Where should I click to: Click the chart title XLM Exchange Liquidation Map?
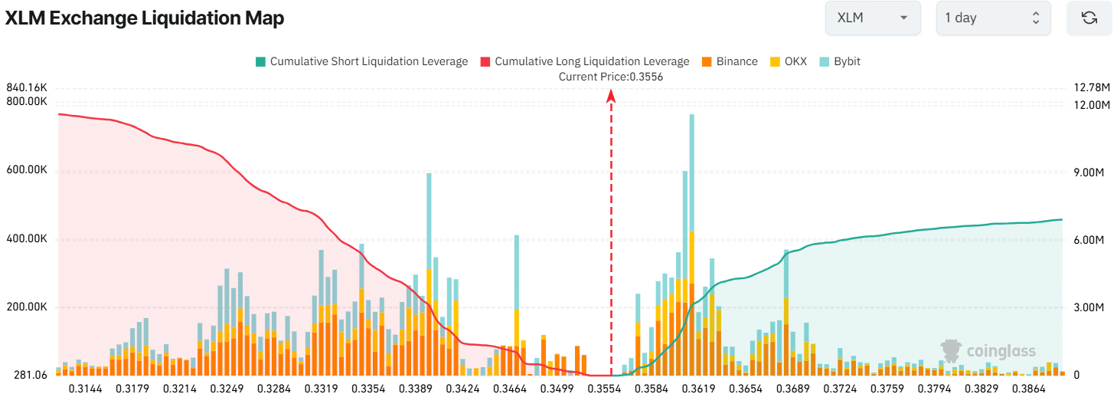pyautogui.click(x=145, y=18)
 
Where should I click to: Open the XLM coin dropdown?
pyautogui.click(x=872, y=18)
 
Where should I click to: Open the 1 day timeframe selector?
pyautogui.click(x=993, y=18)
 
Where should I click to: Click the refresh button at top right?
pyautogui.click(x=1089, y=18)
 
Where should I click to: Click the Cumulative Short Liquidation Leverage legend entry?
pyautogui.click(x=361, y=61)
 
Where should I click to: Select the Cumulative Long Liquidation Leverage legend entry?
pyautogui.click(x=584, y=61)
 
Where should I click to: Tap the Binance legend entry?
pyautogui.click(x=729, y=61)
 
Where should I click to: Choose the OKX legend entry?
pyautogui.click(x=788, y=61)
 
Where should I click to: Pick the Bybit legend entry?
pyautogui.click(x=840, y=61)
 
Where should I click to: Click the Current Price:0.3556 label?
pyautogui.click(x=611, y=77)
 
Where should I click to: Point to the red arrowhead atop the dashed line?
pyautogui.click(x=611, y=95)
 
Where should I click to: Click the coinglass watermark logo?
pyautogui.click(x=988, y=351)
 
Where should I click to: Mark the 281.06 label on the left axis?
pyautogui.click(x=31, y=375)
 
